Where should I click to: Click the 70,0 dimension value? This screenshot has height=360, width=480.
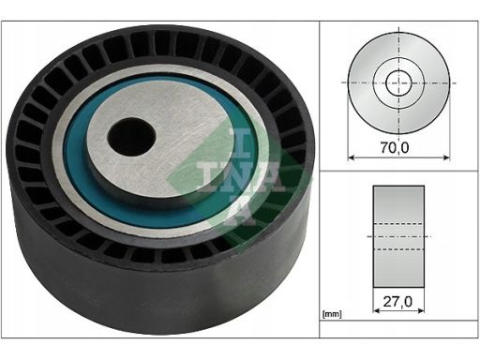pyautogui.click(x=395, y=148)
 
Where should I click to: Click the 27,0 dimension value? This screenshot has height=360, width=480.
pyautogui.click(x=397, y=302)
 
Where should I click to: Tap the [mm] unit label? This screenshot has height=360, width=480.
pyautogui.click(x=332, y=314)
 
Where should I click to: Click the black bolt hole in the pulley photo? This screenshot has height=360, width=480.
pyautogui.click(x=131, y=137)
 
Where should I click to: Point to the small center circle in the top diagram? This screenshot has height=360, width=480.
pyautogui.click(x=398, y=82)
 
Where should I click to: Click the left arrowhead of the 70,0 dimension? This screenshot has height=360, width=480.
pyautogui.click(x=352, y=157)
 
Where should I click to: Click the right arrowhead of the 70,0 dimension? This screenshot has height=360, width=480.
pyautogui.click(x=446, y=157)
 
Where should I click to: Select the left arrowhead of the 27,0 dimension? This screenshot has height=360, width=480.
pyautogui.click(x=377, y=310)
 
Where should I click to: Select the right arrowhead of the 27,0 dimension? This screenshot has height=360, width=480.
pyautogui.click(x=421, y=310)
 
